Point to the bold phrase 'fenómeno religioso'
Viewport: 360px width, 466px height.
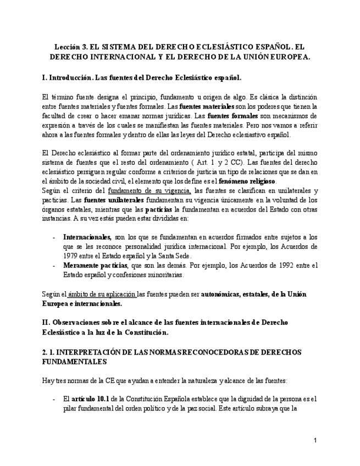point(248,181)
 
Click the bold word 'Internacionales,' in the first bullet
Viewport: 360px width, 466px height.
point(87,237)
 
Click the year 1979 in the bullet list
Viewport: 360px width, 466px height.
point(71,256)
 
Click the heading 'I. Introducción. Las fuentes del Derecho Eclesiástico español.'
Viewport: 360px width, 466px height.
point(141,77)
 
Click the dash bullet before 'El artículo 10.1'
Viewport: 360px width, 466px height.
point(53,399)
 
